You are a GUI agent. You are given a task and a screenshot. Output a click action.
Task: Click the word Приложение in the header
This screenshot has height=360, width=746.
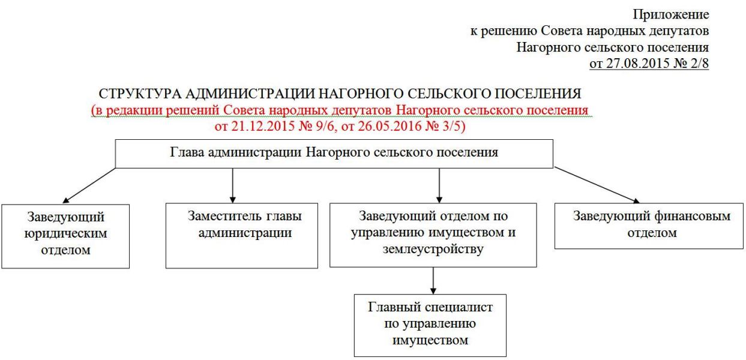coord(671,15)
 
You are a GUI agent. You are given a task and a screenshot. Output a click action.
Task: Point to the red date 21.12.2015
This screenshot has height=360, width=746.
coord(263,126)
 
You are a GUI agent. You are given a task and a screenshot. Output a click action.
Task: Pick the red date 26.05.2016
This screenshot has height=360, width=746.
coord(390,126)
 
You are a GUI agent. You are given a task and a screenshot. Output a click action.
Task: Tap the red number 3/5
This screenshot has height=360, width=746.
coord(451,126)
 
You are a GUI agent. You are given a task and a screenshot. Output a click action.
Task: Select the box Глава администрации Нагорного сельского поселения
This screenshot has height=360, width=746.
coord(334,154)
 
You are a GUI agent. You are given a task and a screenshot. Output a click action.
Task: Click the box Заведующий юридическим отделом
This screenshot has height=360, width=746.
coord(65,236)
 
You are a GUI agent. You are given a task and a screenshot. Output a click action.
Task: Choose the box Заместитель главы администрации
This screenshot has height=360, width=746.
coord(242,235)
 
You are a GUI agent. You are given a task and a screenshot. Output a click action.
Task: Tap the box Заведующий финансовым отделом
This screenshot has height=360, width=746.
coord(649,226)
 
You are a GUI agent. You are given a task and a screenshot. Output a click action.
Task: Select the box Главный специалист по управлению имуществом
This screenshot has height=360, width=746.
coord(430,325)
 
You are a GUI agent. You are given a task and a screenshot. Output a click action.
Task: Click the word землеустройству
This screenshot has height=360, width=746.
coord(433,249)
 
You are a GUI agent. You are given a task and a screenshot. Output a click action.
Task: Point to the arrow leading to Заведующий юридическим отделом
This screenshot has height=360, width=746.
coord(89,185)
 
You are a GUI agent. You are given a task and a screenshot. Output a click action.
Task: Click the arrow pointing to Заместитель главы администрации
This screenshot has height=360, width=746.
coord(233,185)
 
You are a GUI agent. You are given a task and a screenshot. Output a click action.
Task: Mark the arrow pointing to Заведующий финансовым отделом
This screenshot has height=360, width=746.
coord(597,185)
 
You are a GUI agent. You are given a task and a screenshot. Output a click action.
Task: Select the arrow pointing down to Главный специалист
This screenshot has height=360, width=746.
coord(433,281)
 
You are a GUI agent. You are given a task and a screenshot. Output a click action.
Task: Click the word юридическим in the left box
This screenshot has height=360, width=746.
coord(65,233)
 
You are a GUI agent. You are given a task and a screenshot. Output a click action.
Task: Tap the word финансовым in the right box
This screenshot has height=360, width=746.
coord(693,217)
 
